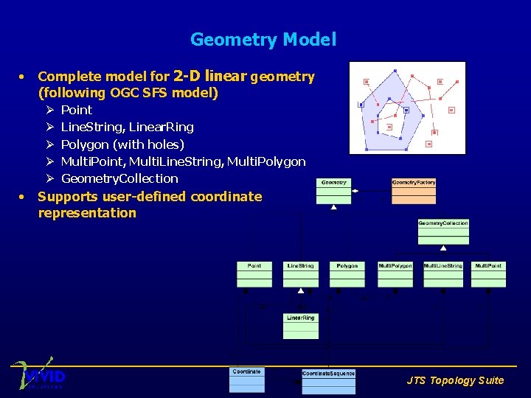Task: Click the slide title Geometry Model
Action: point(263,40)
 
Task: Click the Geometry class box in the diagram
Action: point(333,191)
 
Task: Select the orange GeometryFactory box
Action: point(413,191)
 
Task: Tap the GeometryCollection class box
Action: point(443,231)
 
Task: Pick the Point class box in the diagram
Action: point(254,274)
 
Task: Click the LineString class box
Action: point(300,274)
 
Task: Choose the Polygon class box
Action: point(347,274)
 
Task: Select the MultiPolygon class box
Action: point(395,274)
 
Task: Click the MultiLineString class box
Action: point(442,274)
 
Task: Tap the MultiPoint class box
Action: point(488,274)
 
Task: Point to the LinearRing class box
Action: point(300,326)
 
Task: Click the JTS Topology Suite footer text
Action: point(455,380)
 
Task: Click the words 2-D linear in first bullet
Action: point(209,76)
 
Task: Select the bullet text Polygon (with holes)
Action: point(122,144)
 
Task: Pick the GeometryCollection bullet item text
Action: point(119,178)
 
